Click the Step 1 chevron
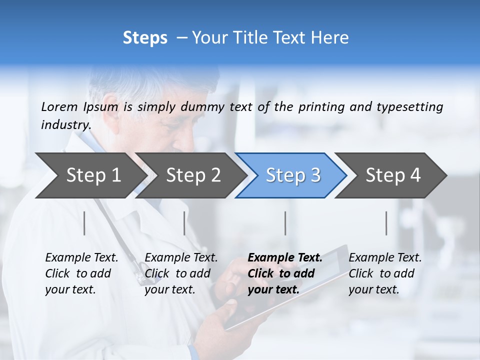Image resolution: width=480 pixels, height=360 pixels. point(92,175)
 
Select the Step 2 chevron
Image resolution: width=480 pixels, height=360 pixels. point(192,175)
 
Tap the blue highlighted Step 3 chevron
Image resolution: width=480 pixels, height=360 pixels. point(292,175)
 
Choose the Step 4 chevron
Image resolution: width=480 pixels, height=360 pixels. point(392,175)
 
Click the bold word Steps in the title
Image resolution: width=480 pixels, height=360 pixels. point(145,38)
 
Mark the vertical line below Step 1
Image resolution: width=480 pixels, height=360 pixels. point(84,223)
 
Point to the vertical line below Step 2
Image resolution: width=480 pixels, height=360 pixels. point(184,223)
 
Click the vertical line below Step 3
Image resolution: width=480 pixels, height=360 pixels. point(285,223)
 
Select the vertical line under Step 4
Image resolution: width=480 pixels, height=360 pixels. point(386,223)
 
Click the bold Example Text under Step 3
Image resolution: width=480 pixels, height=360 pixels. point(285,258)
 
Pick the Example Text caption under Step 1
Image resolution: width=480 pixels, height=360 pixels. point(81,258)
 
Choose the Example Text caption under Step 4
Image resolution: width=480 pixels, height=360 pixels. point(385,258)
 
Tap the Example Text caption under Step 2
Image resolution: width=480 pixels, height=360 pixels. point(181,258)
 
